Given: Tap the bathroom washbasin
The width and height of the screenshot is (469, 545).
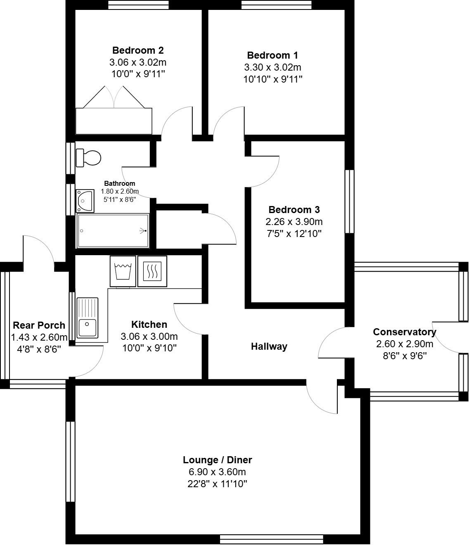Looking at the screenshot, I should point(85,200).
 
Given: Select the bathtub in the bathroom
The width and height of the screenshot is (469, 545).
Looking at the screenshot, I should point(112,231).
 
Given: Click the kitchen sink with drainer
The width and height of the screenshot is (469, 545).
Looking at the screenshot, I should point(88,317).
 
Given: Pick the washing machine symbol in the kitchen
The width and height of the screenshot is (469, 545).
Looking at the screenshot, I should point(123,271).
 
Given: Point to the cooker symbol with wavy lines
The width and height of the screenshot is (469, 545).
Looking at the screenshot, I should point(152,271).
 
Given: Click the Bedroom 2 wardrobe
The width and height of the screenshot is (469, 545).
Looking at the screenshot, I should point(114,121).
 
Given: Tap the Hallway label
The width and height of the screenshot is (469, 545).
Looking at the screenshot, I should point(269,346).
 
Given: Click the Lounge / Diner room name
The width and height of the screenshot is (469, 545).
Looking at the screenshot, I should point(217,460).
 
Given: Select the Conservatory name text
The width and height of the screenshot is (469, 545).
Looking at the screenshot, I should point(404,332).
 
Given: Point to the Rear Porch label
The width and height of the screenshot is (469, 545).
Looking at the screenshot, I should point(39,325).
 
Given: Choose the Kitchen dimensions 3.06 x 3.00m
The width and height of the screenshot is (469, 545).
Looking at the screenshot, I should point(149,336).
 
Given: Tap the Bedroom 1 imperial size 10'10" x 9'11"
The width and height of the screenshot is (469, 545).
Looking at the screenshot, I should point(273,79).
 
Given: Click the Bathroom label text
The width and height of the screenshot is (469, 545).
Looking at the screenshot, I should point(119,183).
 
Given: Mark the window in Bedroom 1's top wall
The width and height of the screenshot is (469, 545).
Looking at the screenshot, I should point(276,5).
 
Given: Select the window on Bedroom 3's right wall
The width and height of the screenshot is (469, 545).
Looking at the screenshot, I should point(349,201).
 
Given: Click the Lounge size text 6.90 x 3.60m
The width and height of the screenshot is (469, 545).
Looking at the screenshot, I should point(217,472).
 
